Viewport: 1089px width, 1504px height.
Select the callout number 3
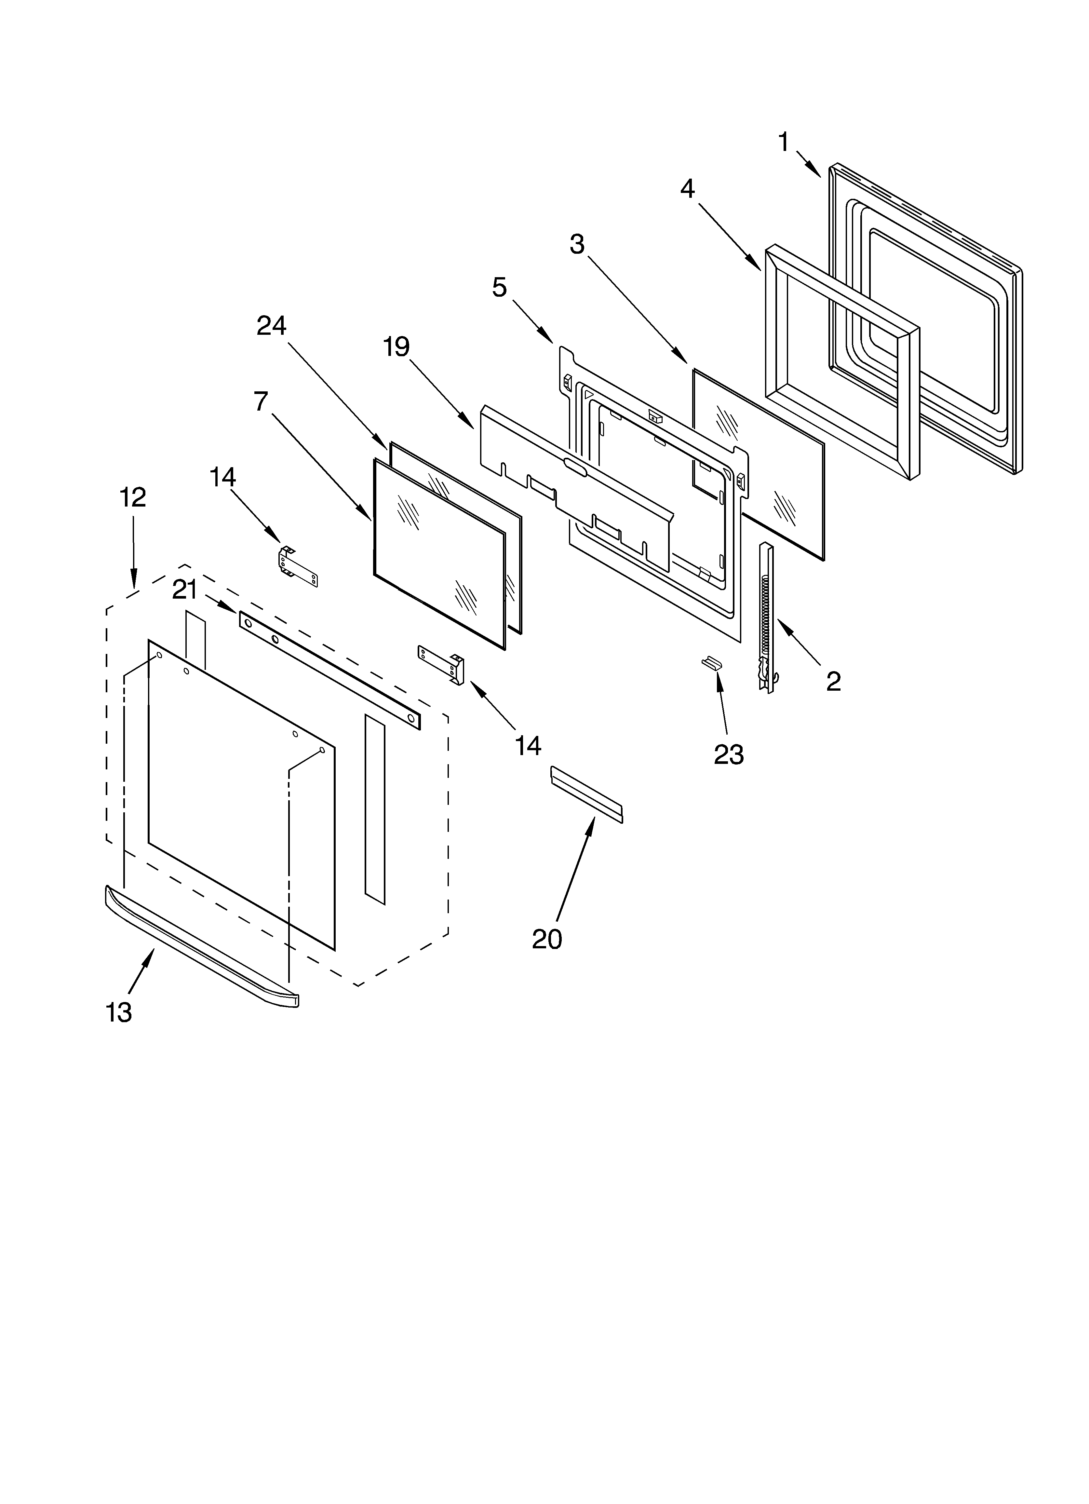click(577, 245)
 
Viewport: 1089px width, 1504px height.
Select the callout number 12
click(133, 497)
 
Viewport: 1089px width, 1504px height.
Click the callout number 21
click(185, 589)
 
